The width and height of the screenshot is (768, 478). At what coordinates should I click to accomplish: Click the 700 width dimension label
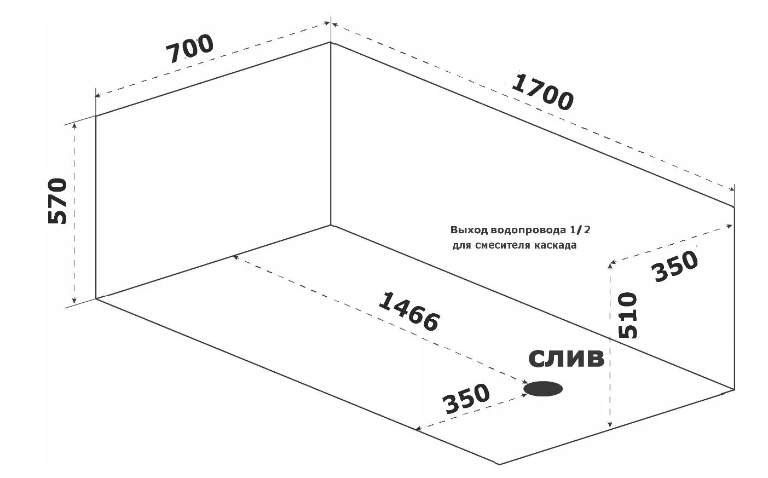pos(189,48)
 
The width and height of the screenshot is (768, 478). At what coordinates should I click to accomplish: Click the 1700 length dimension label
pos(542,92)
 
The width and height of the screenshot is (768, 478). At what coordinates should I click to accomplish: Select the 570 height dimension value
pos(57,201)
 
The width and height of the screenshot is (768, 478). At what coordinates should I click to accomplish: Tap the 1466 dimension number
pos(408,312)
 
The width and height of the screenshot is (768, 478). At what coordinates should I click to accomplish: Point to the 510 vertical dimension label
pos(628,315)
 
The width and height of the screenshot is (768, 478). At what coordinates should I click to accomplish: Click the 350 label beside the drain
pos(466,399)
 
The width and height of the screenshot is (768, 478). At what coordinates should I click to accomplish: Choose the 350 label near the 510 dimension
pos(675,266)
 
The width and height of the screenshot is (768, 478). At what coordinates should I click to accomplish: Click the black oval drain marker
pos(543,389)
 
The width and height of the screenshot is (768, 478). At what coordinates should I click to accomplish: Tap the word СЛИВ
pos(567,359)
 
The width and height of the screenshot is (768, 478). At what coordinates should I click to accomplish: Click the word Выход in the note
pos(469,230)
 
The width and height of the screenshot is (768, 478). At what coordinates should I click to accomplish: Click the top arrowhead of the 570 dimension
pos(74,126)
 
